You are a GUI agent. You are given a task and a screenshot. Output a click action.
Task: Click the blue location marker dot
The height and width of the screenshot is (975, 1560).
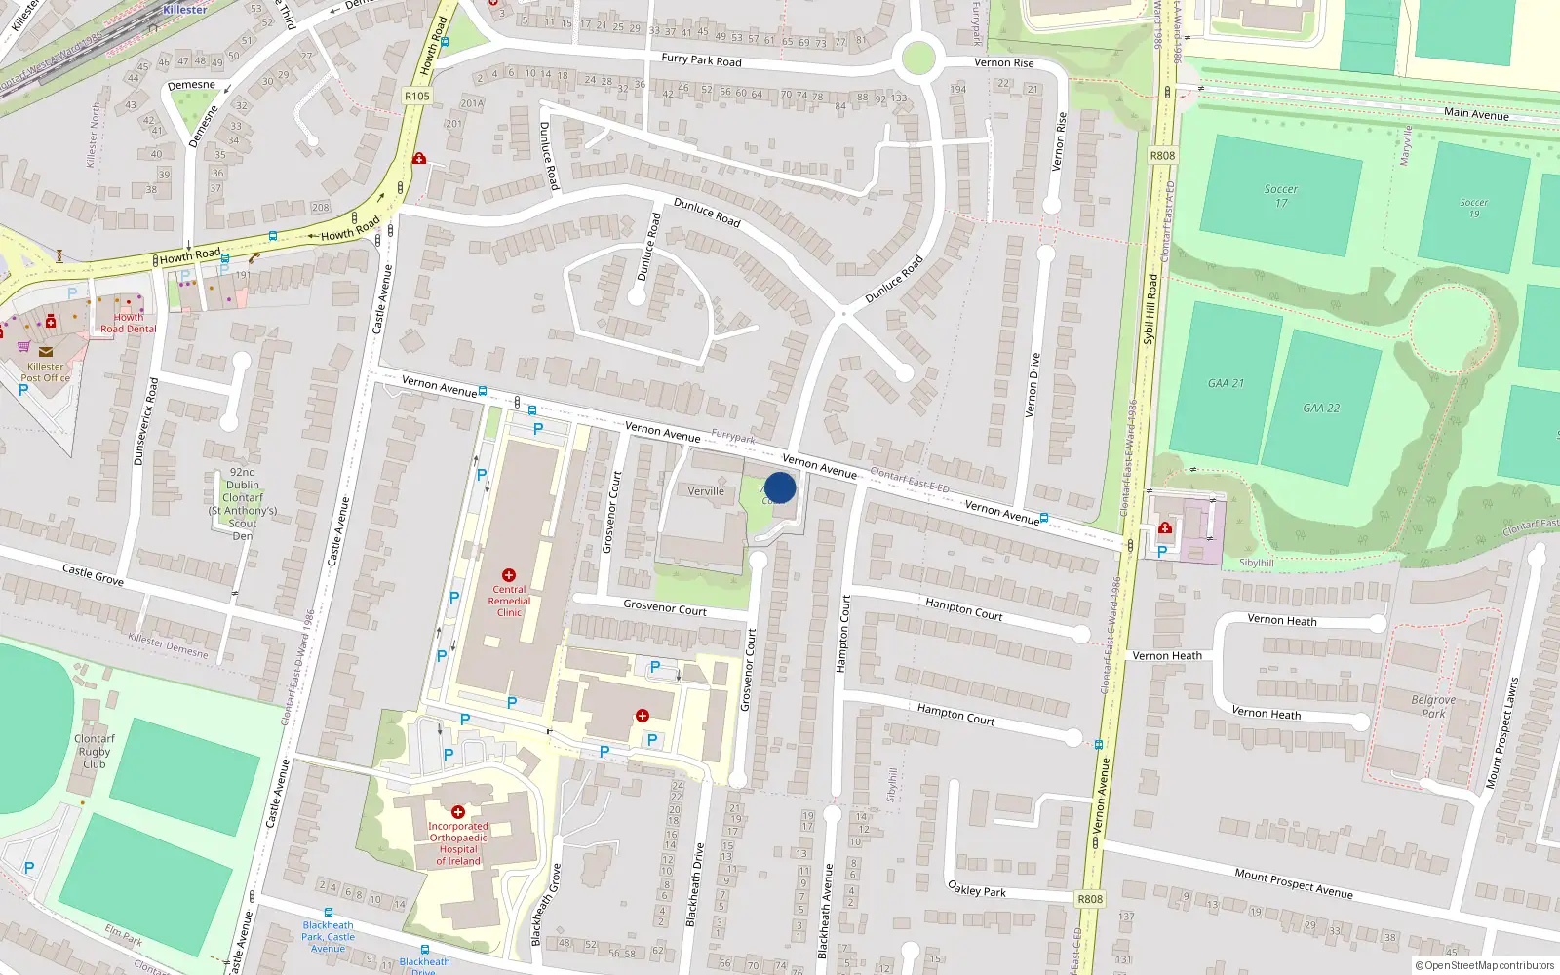pos(780,487)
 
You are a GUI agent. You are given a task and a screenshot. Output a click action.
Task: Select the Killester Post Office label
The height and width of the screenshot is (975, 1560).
pos(46,372)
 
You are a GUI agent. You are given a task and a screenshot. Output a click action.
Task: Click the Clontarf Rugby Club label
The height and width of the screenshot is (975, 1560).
pos(95,751)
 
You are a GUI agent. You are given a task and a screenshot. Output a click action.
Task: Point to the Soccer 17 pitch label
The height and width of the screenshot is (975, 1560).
pos(1281,196)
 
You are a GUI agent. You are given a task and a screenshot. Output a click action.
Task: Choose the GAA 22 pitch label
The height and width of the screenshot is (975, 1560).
pos(1321,408)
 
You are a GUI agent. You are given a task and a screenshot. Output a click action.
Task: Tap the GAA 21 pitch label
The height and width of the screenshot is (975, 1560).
pos(1226,383)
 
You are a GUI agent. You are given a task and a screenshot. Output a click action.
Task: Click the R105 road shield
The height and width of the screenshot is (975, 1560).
pos(416,96)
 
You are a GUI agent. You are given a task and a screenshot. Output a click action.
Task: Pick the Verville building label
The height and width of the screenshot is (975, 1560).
pos(706,491)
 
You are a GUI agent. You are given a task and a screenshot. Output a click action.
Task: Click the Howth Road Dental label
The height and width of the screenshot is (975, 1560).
pos(129,324)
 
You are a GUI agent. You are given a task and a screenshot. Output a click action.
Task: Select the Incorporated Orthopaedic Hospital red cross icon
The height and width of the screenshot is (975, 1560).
pos(458,811)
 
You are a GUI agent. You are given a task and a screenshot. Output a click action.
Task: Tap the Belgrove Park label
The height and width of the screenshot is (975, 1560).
pos(1433,707)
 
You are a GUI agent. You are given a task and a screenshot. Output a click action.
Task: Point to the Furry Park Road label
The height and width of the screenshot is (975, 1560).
pos(701,59)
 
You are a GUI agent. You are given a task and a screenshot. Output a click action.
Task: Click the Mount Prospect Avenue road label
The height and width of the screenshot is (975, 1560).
pos(1294,882)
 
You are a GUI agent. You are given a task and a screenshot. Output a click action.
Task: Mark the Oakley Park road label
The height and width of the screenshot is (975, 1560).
pos(977,888)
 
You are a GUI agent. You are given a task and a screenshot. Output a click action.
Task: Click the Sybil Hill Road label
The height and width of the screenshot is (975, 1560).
pos(1150,308)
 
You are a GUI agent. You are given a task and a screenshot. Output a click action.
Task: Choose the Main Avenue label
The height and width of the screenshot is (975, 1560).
pos(1476,114)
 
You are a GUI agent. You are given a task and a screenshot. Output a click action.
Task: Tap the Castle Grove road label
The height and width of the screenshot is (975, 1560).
pos(93,574)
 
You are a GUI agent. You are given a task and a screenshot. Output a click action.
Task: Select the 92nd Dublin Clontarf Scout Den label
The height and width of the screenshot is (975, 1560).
pos(243,503)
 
